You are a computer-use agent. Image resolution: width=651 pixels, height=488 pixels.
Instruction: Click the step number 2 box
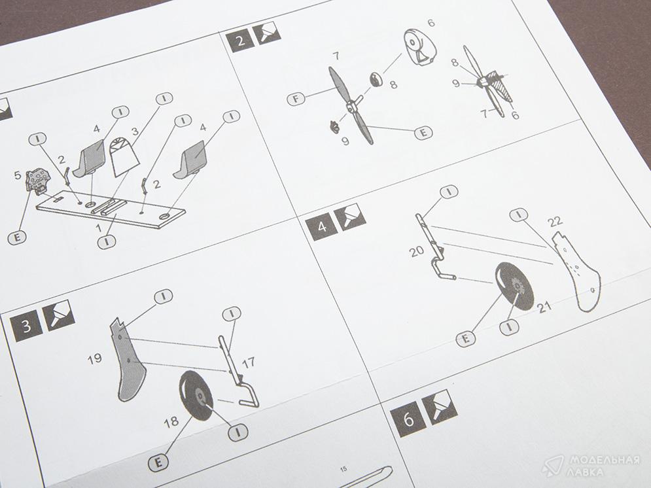tap(240, 41)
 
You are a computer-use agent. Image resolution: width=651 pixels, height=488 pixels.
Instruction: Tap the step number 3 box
tap(26, 325)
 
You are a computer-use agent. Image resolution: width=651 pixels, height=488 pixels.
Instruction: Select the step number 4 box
tap(322, 226)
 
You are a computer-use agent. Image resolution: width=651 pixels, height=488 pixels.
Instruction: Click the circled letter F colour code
tap(296, 99)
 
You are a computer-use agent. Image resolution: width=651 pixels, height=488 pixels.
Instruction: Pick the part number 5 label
tap(18, 175)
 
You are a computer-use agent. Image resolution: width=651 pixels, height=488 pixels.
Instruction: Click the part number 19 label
tap(95, 358)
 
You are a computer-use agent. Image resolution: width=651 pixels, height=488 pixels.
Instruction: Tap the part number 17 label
tap(248, 364)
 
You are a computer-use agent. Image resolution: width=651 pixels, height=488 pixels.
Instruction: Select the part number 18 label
tap(171, 422)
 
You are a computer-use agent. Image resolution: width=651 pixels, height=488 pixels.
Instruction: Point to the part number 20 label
tap(416, 251)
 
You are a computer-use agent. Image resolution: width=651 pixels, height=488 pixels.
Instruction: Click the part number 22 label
tap(555, 222)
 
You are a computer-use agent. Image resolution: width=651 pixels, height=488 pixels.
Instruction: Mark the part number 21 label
tap(544, 307)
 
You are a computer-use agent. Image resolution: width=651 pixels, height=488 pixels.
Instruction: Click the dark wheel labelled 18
tap(196, 396)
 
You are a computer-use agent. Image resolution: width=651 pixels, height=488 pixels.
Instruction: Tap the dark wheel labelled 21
tap(515, 287)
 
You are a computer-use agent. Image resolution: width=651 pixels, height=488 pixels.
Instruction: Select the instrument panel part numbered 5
tap(38, 181)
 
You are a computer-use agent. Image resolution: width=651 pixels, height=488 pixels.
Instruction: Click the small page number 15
tap(343, 469)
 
